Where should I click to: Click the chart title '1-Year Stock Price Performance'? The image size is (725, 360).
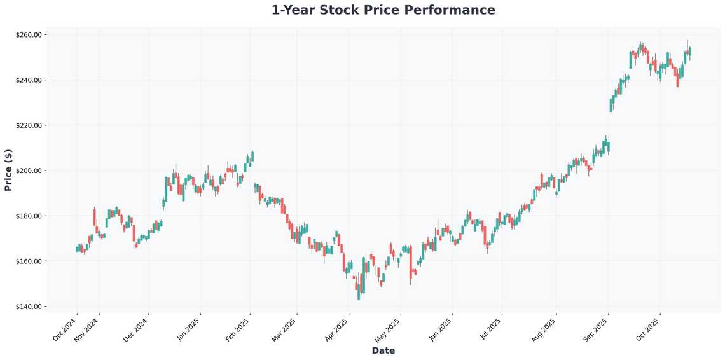tap(383, 10)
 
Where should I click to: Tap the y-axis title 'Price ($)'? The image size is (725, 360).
tap(8, 170)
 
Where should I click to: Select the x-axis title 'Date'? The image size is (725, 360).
tap(383, 350)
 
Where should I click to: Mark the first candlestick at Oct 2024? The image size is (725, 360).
tap(77, 249)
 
